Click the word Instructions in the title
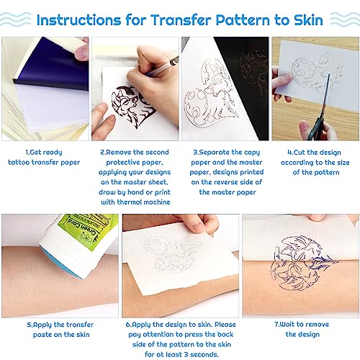93,18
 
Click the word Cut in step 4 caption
294,153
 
